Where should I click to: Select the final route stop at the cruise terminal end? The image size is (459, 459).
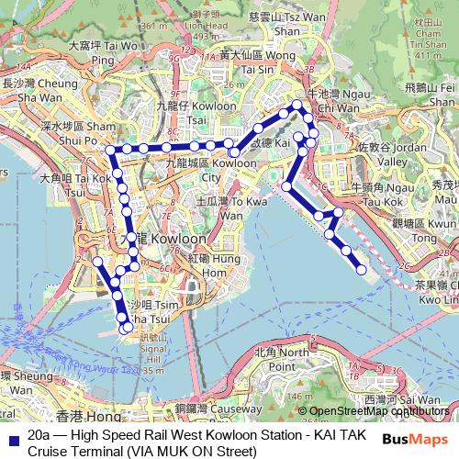coord(361,270)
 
